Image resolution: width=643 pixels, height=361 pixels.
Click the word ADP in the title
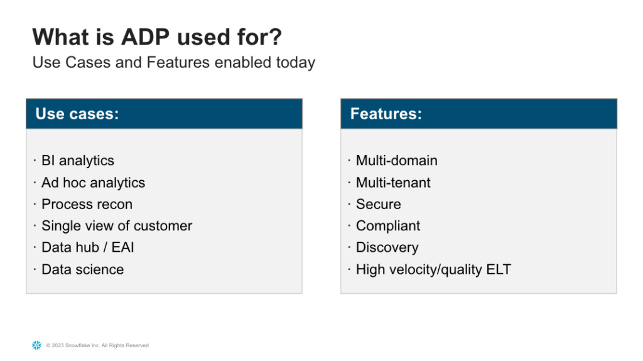click(145, 37)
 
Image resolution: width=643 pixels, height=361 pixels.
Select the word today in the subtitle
click(296, 63)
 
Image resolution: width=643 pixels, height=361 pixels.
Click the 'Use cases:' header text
click(77, 114)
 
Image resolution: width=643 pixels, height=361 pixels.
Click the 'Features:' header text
click(386, 114)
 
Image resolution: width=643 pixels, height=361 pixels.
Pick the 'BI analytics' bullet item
click(78, 161)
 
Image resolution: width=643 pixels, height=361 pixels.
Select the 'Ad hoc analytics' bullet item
click(94, 183)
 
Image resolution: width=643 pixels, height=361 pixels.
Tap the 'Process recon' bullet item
click(87, 204)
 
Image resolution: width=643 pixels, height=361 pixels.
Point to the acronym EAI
click(122, 247)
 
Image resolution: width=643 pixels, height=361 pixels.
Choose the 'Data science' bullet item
click(83, 269)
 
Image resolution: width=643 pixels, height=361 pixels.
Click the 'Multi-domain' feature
click(397, 160)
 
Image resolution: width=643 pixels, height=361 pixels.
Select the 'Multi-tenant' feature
click(393, 183)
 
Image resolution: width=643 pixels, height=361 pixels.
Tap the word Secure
click(379, 204)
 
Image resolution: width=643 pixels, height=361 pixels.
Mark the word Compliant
click(388, 226)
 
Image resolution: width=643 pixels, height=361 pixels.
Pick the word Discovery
click(387, 248)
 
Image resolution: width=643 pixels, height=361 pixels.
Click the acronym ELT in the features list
click(499, 269)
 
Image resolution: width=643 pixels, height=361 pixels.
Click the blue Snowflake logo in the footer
click(37, 345)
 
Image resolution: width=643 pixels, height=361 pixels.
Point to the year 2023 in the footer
click(58, 345)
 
